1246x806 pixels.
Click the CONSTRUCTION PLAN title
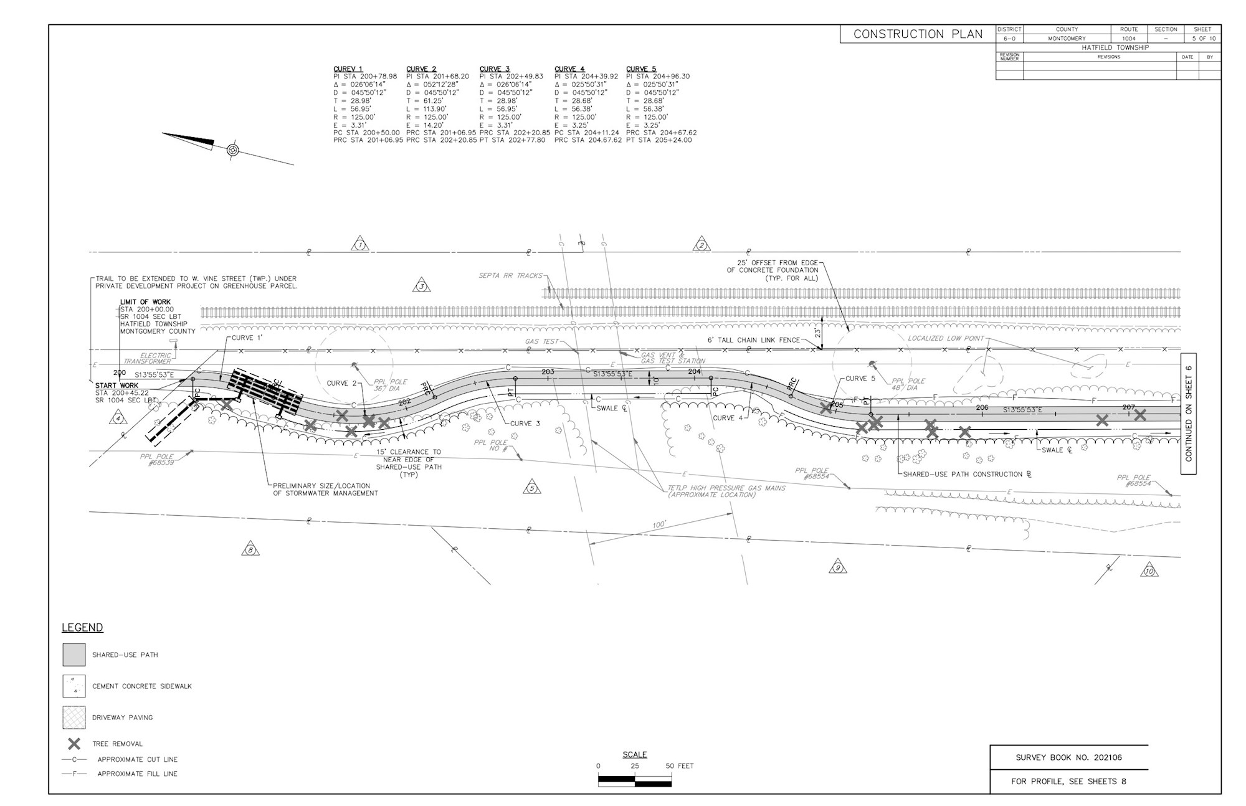pos(917,34)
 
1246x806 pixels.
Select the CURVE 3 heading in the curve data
pos(494,69)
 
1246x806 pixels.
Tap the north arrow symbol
pos(232,149)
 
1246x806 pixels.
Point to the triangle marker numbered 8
pos(250,549)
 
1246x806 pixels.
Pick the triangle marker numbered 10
pos(1149,571)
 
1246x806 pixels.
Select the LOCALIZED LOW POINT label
pos(946,338)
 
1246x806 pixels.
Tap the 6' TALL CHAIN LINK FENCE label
pos(753,340)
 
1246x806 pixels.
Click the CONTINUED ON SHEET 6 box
pos(1188,414)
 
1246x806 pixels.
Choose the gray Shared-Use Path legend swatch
pos(74,655)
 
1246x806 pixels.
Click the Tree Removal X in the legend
pos(74,744)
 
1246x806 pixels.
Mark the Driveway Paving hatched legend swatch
pos(74,717)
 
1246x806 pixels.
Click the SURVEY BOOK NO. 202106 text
pos(1069,757)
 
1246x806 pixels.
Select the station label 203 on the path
pos(547,372)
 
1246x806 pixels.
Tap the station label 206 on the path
pos(982,407)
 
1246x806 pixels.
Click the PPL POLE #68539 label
pos(157,460)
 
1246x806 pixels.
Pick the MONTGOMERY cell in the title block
pos(1066,39)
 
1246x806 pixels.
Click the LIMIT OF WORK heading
pos(145,302)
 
